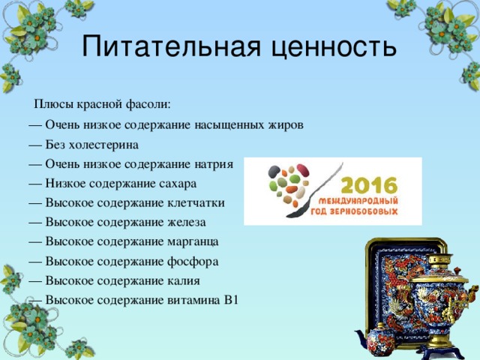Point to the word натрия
coord(216,163)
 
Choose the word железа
coord(185,222)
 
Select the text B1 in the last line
coord(230,300)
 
